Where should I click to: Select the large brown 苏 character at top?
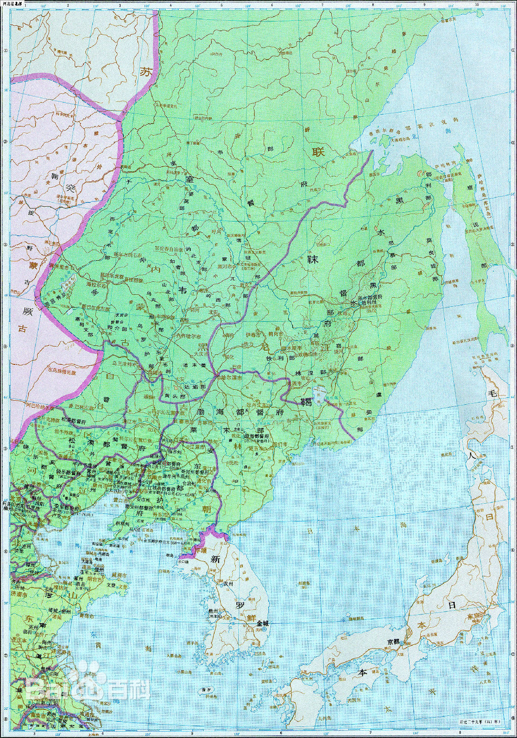pos(146,72)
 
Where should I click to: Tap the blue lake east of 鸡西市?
pos(317,392)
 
